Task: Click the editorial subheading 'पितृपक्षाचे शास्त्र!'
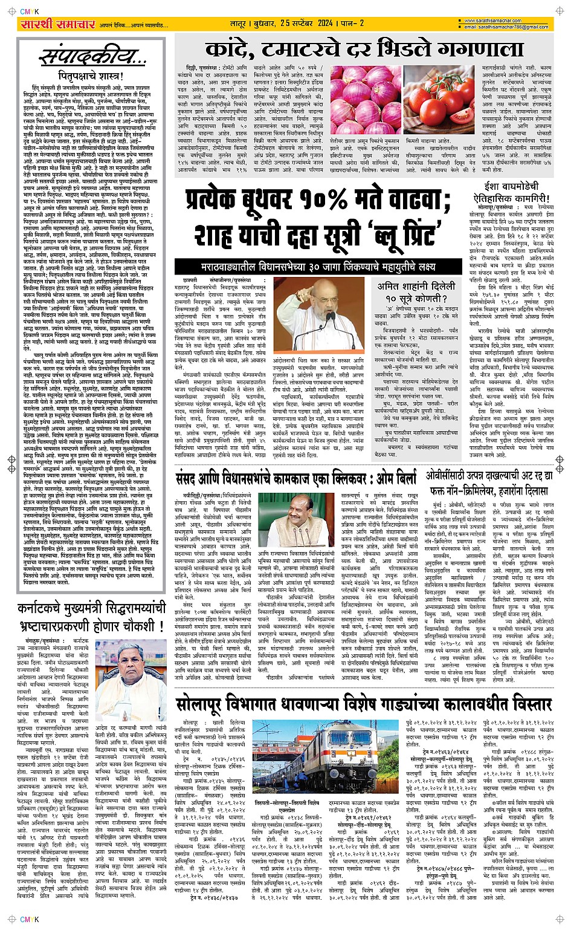tap(91, 77)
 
